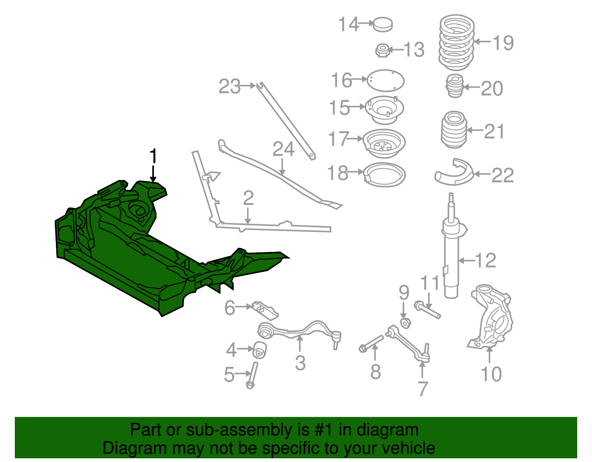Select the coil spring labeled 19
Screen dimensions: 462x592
[x=457, y=43]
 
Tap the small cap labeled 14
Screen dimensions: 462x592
[x=383, y=24]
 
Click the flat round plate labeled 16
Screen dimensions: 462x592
[x=385, y=80]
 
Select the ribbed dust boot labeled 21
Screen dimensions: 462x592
[x=454, y=129]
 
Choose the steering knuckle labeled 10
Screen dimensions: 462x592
[x=491, y=318]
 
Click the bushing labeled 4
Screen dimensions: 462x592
[x=260, y=350]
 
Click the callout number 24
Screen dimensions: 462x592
[x=283, y=149]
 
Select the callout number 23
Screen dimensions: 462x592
[x=229, y=87]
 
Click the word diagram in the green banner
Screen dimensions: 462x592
[x=388, y=430]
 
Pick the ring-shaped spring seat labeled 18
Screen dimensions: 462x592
[x=384, y=175]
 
